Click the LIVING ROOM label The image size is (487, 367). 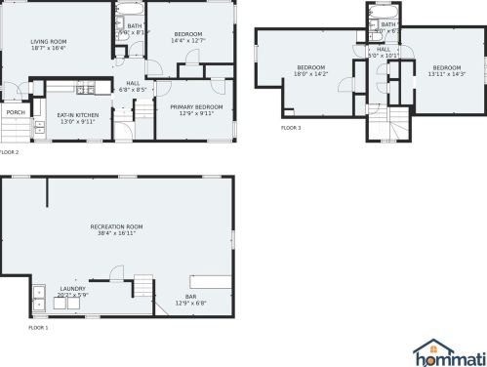tap(48, 42)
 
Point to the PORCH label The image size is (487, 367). tap(16, 112)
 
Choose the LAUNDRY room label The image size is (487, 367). tap(73, 289)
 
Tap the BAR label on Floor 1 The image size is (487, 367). tap(191, 297)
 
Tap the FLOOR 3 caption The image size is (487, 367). tap(291, 128)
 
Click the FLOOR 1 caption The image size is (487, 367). tap(11, 327)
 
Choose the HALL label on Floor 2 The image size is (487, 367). tap(132, 84)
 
